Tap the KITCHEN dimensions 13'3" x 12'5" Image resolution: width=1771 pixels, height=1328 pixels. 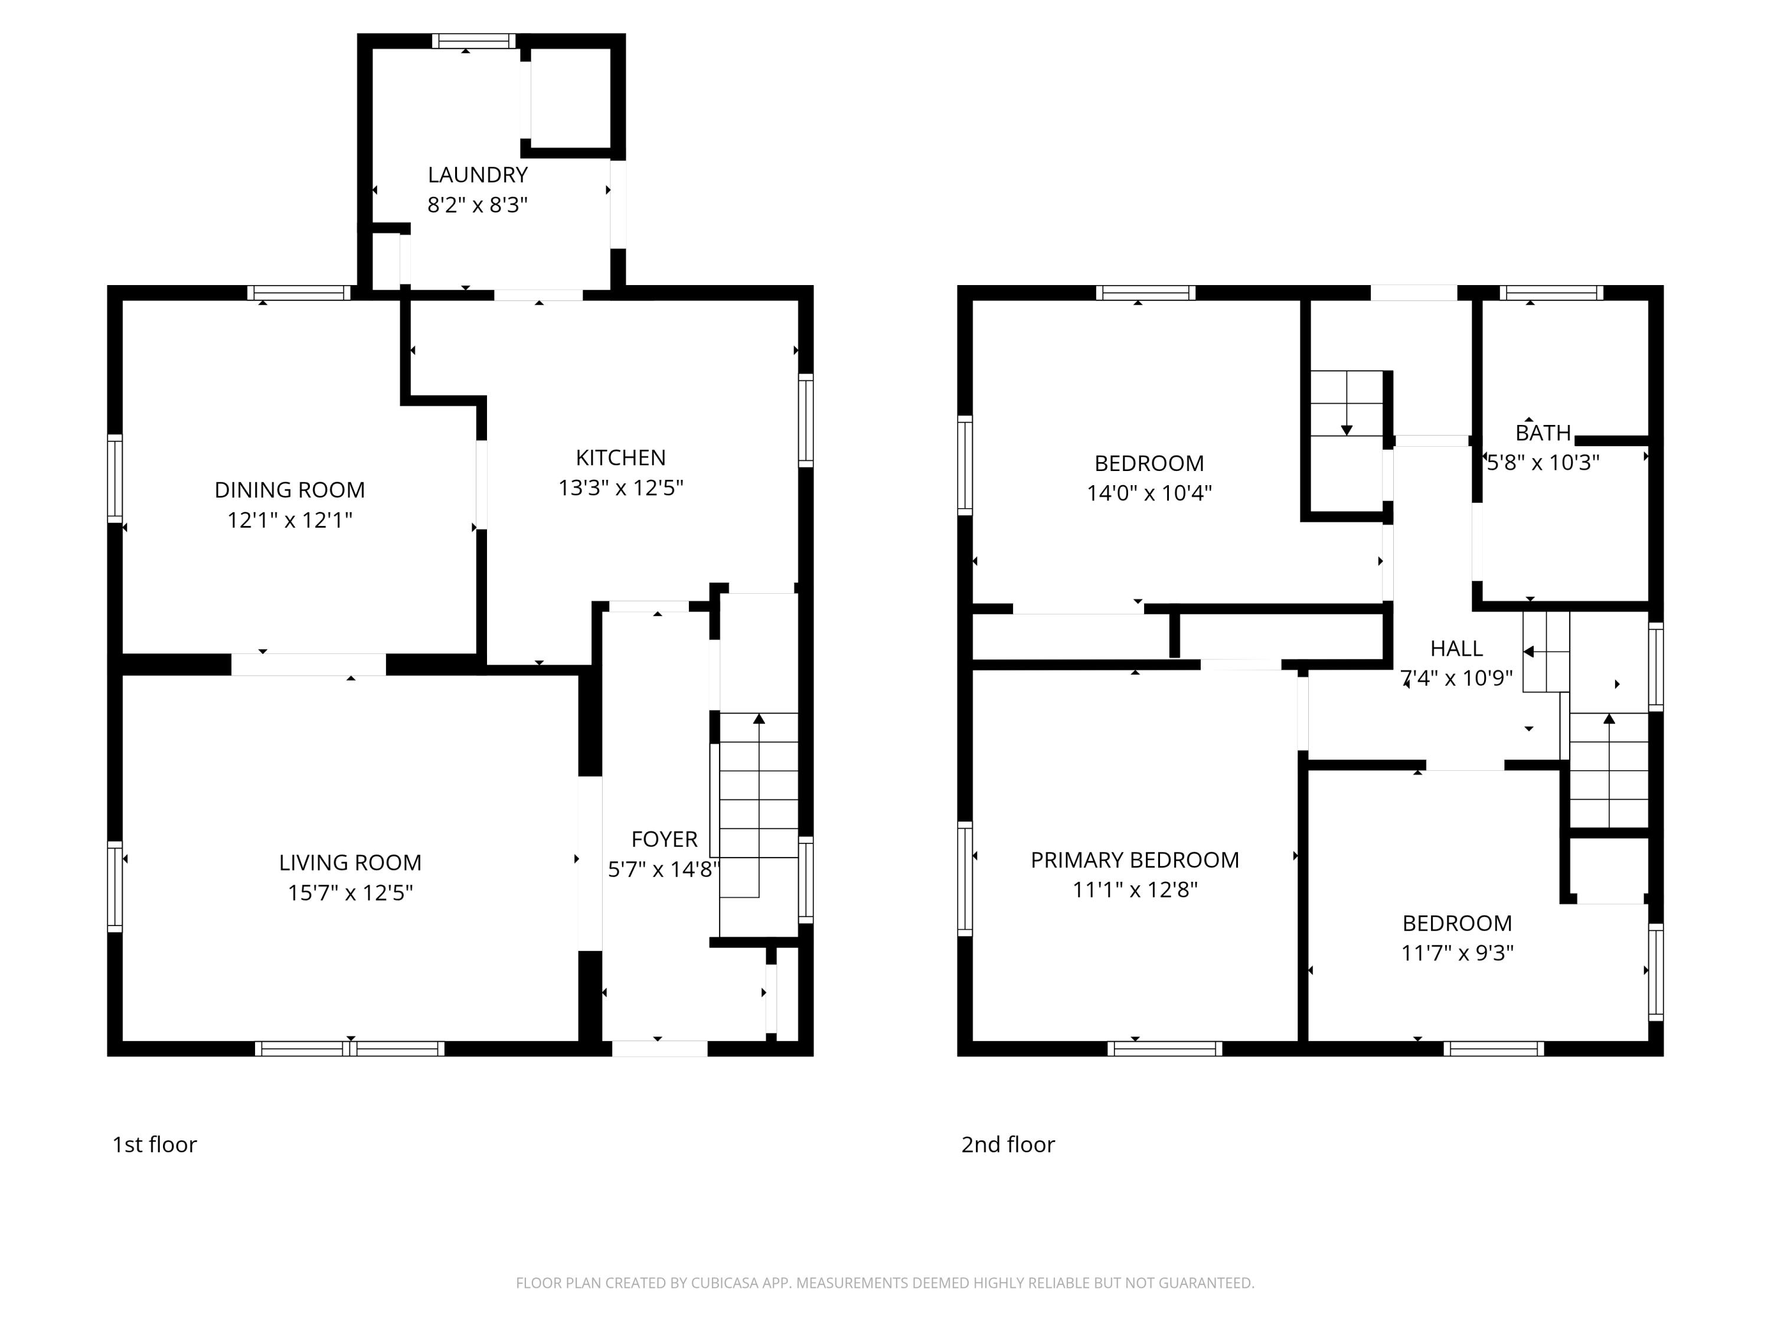620,488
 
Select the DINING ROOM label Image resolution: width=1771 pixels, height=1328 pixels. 290,490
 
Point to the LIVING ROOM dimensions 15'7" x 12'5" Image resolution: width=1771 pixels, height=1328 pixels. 350,892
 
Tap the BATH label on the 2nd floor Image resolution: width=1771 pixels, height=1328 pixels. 1543,433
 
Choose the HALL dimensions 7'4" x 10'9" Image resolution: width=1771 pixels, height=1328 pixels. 1456,678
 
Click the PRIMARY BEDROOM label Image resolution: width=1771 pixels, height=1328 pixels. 1135,860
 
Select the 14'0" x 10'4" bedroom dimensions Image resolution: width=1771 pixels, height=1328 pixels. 1149,493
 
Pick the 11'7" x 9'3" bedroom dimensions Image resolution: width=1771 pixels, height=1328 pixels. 1457,953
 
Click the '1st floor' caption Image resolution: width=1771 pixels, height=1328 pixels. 155,1144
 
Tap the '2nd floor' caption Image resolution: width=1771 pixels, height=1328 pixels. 1008,1144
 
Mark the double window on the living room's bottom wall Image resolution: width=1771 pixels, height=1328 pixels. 350,1049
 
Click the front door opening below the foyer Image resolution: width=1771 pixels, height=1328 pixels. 660,1049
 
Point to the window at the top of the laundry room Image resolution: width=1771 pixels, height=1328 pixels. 474,41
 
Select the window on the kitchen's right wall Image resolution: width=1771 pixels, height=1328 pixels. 806,420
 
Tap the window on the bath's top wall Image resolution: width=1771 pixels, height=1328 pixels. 1551,293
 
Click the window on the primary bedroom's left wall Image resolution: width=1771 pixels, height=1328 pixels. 965,878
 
